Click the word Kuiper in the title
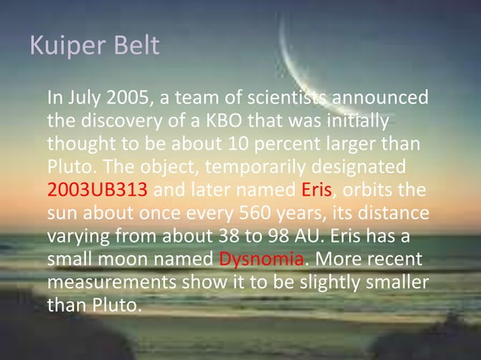63,47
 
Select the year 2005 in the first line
128,99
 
